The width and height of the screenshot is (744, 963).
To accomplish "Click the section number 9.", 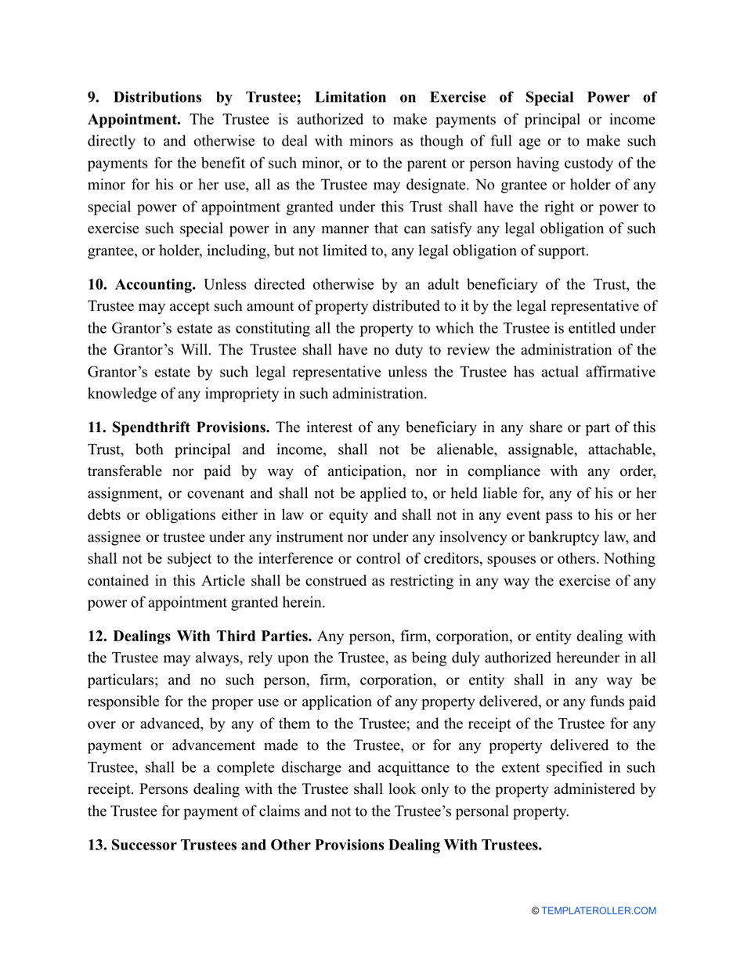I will coord(92,98).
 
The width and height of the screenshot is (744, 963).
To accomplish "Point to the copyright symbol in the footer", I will coord(535,911).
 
